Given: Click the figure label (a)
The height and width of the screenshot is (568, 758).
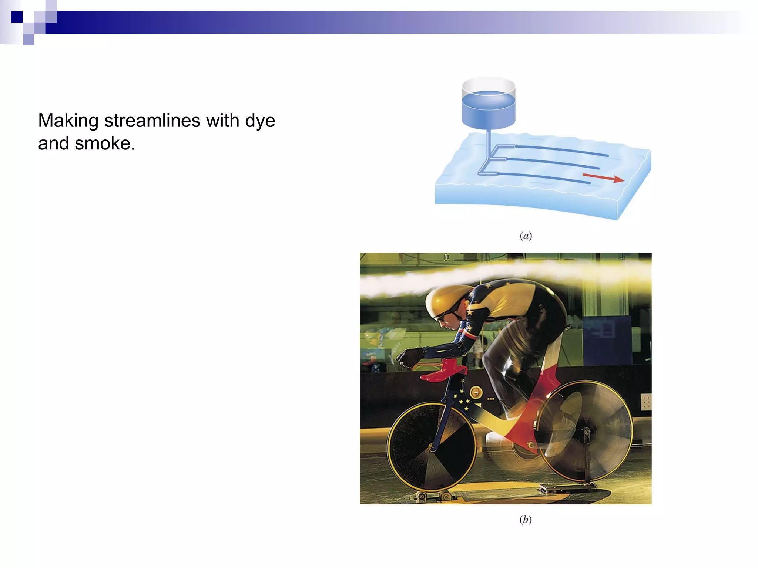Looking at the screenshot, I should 526,236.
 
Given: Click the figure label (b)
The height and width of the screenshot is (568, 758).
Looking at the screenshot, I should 525,520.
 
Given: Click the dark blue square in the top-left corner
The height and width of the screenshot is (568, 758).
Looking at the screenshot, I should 17,17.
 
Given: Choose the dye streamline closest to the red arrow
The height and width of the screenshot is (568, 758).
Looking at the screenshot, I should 544,177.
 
